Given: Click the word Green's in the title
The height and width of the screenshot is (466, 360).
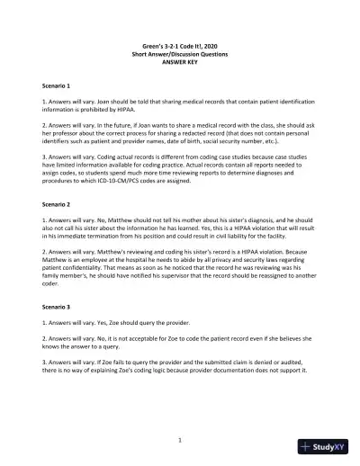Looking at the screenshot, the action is (x=145, y=48).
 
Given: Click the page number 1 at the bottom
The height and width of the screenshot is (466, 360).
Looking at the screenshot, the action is (x=180, y=440).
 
